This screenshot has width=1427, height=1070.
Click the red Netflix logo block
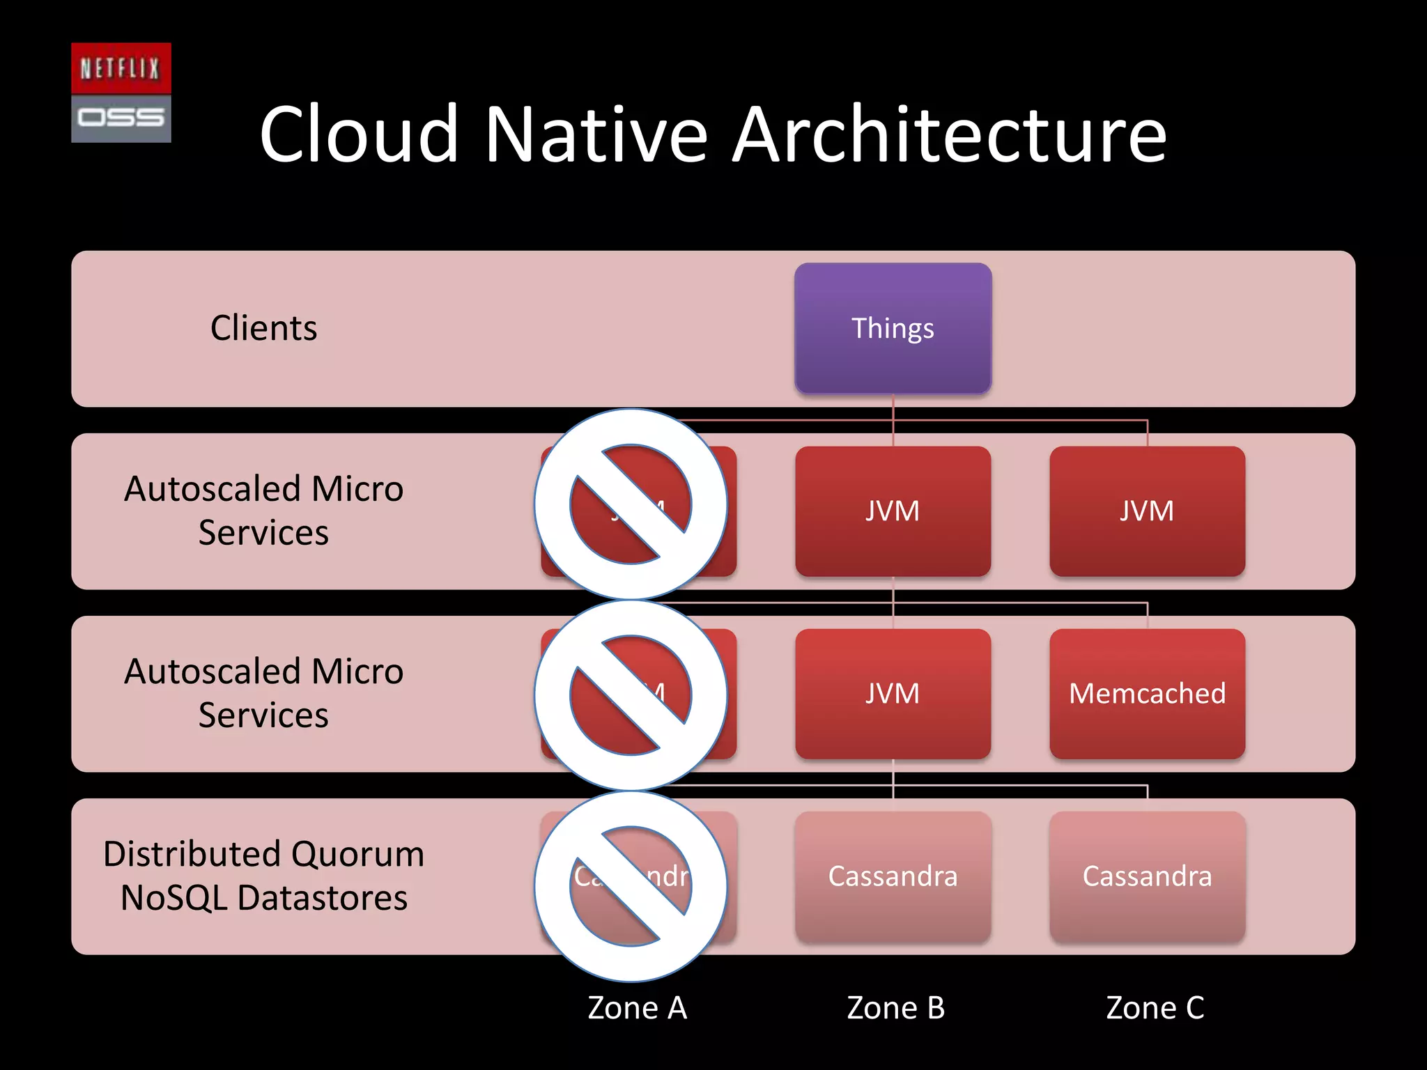coord(121,68)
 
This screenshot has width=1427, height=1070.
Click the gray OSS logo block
coord(121,118)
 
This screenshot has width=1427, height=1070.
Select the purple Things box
coord(893,328)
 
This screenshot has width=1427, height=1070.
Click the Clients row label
coord(263,328)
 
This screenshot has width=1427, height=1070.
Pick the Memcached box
coord(1147,694)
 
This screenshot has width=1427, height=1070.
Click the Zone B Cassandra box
coord(893,876)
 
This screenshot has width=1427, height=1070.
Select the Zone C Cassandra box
coord(1147,876)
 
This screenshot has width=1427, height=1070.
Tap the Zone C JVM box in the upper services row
coord(1147,511)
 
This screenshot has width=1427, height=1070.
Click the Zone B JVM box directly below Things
coord(893,511)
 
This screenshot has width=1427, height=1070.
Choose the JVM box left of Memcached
coord(893,694)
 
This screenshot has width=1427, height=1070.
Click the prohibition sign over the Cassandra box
coord(631,886)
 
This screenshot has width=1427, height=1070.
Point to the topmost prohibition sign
coord(631,504)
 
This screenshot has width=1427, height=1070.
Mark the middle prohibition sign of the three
coord(631,695)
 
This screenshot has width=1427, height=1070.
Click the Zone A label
coord(637,1008)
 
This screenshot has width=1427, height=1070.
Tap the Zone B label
coord(895,1008)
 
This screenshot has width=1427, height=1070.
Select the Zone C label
coord(1155,1008)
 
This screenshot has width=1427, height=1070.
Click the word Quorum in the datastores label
coord(357,854)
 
